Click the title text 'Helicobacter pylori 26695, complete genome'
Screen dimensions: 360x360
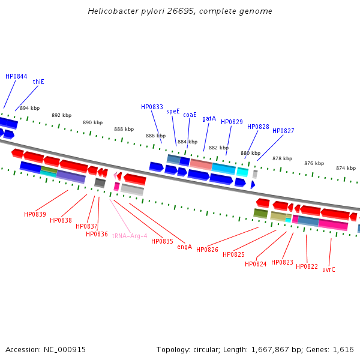(x=180, y=11)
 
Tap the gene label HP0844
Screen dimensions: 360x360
(x=16, y=76)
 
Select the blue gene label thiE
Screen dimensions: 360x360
(x=38, y=82)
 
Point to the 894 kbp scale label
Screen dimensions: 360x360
(x=29, y=108)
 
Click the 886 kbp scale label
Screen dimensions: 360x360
(x=155, y=136)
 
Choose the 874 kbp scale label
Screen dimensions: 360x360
(x=346, y=168)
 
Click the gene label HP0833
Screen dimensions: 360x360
(x=152, y=107)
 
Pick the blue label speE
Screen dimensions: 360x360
(x=173, y=111)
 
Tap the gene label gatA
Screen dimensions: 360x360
(x=209, y=118)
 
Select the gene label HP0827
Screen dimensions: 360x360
(x=283, y=131)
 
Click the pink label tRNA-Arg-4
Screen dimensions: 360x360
(x=129, y=236)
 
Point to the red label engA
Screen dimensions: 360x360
(x=184, y=247)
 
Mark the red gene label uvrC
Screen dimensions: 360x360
(x=329, y=269)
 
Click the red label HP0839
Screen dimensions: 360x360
(x=35, y=214)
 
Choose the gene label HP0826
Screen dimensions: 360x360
(x=207, y=250)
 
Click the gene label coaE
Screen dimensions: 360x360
(x=190, y=115)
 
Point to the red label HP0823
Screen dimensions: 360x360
(x=282, y=262)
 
